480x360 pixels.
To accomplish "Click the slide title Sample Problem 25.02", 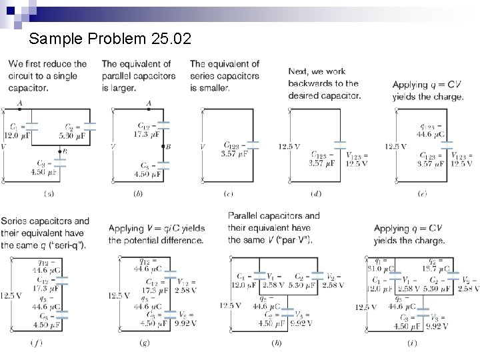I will [x=110, y=40].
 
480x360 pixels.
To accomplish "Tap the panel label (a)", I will [x=49, y=194].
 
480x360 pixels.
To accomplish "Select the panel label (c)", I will [x=228, y=194].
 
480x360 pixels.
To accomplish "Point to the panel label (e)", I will [x=422, y=194].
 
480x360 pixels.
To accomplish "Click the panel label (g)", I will [x=143, y=343].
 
